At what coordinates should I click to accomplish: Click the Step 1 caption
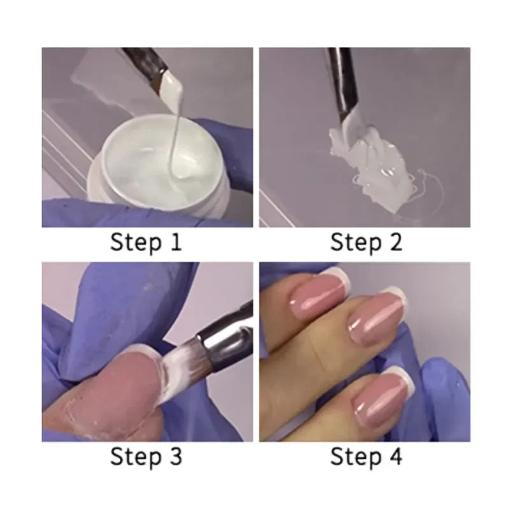coord(146,242)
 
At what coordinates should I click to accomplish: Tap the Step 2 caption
coord(365,242)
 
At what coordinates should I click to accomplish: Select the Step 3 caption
coord(146,457)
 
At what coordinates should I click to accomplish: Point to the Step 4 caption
coord(365,457)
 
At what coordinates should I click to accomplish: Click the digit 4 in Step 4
coord(396,457)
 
